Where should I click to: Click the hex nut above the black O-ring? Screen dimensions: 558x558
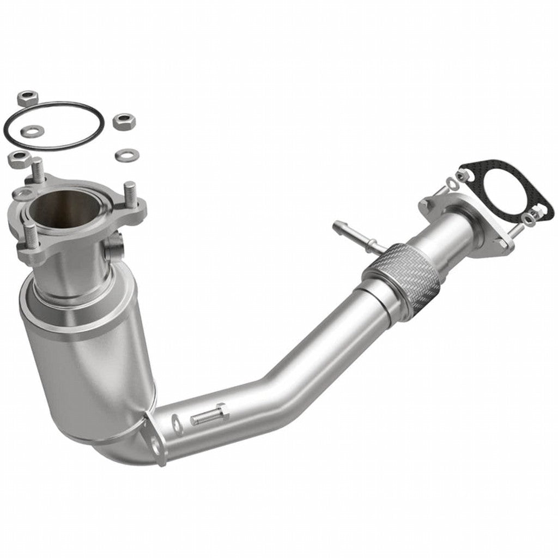pos(26,99)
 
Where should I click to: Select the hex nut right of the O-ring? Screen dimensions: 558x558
pos(124,121)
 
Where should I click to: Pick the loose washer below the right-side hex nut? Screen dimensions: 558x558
pos(126,155)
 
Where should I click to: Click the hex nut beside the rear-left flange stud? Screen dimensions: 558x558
pos(19,159)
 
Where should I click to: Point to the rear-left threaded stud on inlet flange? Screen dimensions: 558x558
pos(38,170)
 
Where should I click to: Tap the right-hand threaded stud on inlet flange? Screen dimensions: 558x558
pos(130,194)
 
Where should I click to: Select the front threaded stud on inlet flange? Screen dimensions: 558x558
pos(31,235)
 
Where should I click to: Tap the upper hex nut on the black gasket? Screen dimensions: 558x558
pos(465,175)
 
